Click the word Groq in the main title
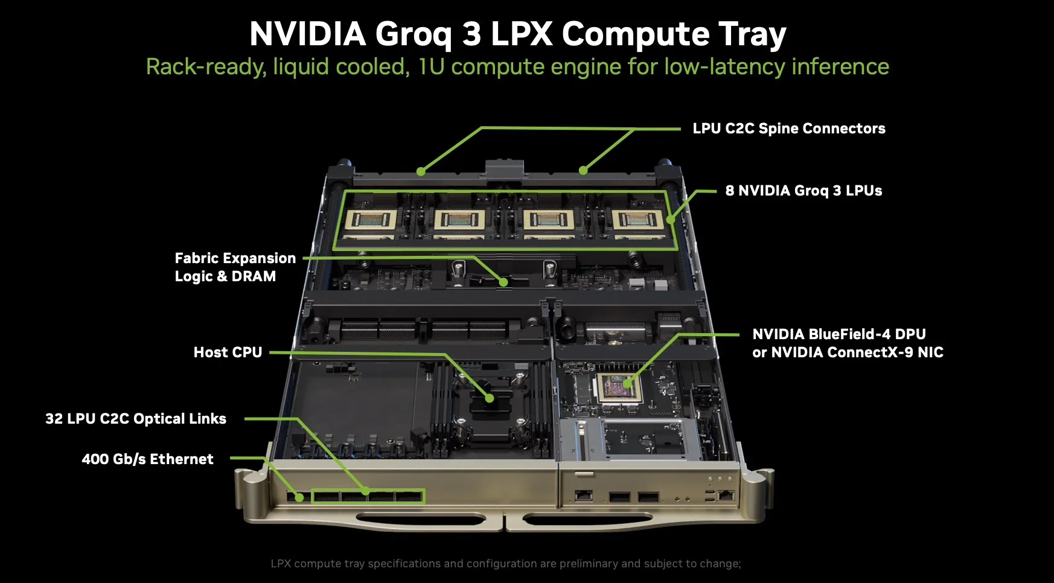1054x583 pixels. tap(413, 34)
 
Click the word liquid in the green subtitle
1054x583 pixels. tap(301, 67)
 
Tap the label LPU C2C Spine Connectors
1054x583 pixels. tap(788, 129)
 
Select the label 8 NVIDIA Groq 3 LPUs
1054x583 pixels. tap(803, 191)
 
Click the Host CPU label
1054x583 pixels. tap(228, 352)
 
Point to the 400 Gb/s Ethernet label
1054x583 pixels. tap(147, 459)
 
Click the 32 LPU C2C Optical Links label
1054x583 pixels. tap(136, 419)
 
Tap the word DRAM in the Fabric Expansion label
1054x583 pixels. tap(254, 276)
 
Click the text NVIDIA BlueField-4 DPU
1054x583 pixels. tap(838, 334)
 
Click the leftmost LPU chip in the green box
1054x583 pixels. tap(371, 221)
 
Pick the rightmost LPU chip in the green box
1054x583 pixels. tap(637, 221)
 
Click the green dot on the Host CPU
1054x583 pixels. tap(490, 398)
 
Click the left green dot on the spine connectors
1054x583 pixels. tap(421, 172)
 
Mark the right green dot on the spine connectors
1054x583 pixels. tap(583, 171)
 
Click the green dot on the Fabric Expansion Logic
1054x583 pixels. tap(503, 282)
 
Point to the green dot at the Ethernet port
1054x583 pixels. tap(299, 498)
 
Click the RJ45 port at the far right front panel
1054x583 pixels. tap(726, 496)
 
